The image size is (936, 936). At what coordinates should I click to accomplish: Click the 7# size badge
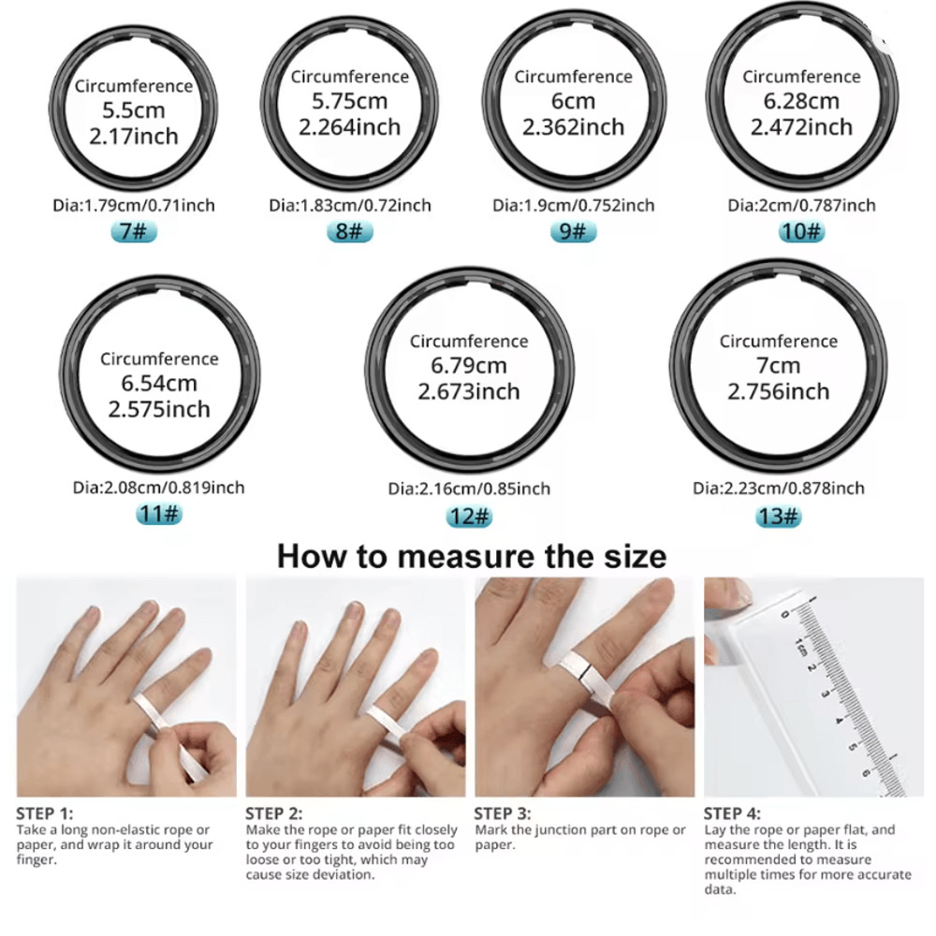tap(134, 231)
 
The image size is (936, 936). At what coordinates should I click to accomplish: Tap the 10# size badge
tap(801, 231)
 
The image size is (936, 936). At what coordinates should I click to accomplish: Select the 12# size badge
tap(469, 517)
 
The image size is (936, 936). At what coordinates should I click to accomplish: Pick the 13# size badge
tap(778, 516)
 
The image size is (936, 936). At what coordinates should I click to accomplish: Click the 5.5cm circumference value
tap(134, 110)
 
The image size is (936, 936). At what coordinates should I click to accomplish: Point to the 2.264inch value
tap(350, 127)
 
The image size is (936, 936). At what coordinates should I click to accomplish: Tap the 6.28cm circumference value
tap(801, 101)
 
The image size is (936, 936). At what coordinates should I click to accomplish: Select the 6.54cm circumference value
tap(159, 383)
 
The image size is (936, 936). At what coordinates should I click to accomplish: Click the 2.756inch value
tap(779, 391)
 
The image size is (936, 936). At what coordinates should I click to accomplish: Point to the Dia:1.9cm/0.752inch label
tap(574, 205)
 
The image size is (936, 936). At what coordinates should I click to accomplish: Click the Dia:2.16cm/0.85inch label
tap(469, 489)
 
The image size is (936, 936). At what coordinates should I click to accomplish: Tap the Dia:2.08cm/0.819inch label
tap(159, 488)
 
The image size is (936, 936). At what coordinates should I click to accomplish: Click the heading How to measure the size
tap(472, 556)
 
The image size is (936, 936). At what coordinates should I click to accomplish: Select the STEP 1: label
tap(45, 813)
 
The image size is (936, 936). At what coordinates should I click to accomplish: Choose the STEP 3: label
tap(503, 813)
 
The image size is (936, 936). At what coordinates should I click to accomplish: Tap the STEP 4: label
tap(733, 813)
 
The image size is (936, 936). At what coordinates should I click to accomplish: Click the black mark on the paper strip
tap(583, 671)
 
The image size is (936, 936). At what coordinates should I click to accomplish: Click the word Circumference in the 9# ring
tap(574, 77)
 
